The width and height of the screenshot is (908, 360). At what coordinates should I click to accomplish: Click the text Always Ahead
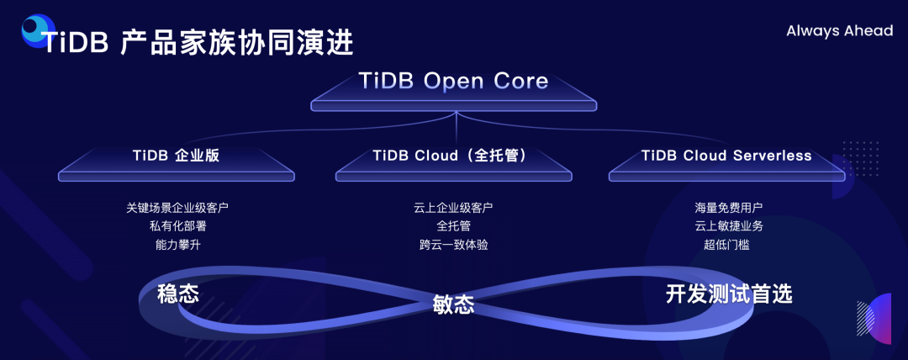click(839, 31)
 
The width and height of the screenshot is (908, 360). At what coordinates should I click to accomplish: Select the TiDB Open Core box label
click(453, 82)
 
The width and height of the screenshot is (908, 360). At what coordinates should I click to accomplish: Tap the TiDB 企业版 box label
click(177, 156)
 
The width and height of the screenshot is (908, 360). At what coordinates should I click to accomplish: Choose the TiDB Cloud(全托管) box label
click(453, 156)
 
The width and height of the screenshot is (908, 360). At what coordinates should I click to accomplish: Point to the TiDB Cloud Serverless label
click(726, 156)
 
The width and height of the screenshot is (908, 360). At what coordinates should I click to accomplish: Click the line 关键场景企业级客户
click(177, 207)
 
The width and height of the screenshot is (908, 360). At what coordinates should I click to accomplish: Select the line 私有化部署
click(177, 225)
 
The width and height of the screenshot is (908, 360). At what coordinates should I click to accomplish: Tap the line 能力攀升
click(177, 245)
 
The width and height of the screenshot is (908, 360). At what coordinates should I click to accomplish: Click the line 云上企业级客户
click(453, 207)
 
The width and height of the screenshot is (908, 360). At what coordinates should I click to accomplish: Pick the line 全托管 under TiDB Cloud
click(453, 225)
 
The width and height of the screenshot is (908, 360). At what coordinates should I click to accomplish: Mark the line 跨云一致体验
click(453, 245)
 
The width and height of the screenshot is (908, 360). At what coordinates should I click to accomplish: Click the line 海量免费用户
click(728, 207)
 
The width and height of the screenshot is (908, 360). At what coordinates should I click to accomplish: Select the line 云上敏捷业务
click(728, 225)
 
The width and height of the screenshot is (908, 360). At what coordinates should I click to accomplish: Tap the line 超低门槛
click(728, 245)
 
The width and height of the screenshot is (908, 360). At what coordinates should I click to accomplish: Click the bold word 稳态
click(178, 294)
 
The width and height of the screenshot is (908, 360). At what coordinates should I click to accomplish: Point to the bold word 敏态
click(453, 304)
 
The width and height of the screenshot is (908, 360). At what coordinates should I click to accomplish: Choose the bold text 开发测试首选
click(728, 294)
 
